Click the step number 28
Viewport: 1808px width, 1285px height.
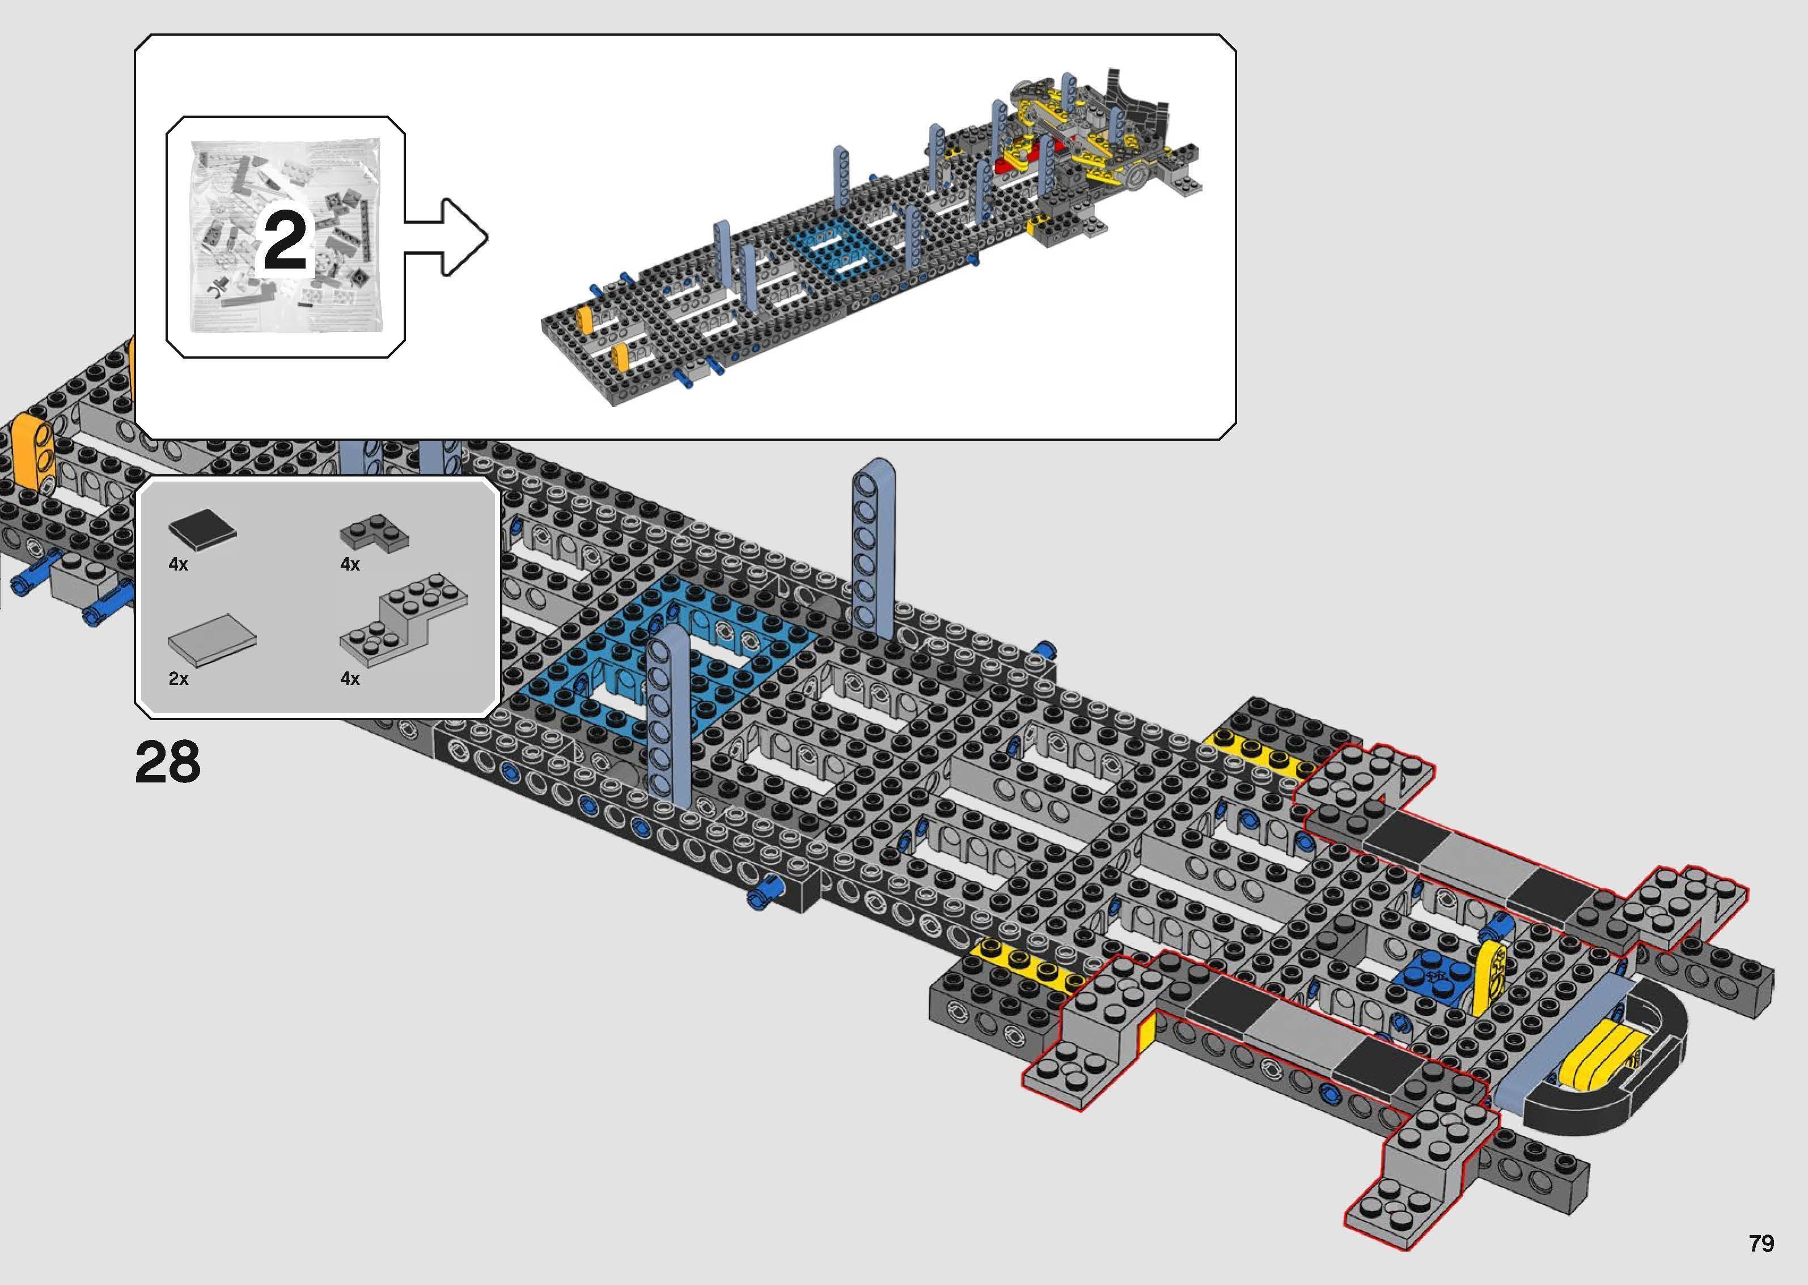168,763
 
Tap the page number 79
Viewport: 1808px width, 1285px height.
1762,1243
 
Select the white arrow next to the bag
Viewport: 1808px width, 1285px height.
447,237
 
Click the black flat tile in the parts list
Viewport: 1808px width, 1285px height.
202,529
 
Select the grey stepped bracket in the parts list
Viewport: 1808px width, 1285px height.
404,621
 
